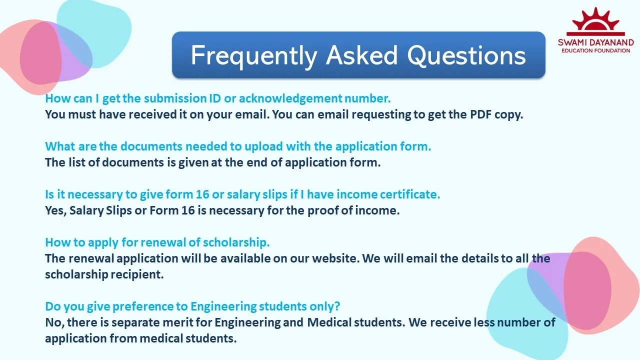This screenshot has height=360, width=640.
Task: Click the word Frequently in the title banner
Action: click(x=254, y=55)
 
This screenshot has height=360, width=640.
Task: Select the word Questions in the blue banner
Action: click(x=466, y=55)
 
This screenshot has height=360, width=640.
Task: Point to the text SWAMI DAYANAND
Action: click(x=595, y=42)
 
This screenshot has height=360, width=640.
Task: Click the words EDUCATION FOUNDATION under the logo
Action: click(x=595, y=50)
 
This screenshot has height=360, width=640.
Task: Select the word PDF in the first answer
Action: click(x=480, y=114)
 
